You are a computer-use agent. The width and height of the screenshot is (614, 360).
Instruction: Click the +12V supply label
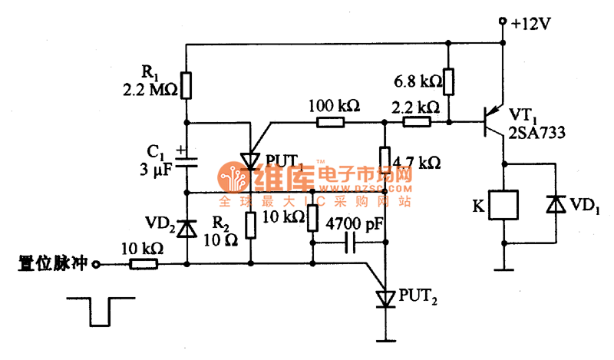pyautogui.click(x=531, y=22)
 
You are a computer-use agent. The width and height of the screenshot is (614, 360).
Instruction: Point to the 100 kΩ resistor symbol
pyautogui.click(x=332, y=121)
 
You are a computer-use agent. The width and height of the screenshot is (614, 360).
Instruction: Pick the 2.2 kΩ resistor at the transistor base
pyautogui.click(x=417, y=121)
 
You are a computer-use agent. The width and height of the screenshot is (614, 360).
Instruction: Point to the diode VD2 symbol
pyautogui.click(x=187, y=227)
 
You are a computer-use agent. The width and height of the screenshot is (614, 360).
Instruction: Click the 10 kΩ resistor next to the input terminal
pyautogui.click(x=144, y=264)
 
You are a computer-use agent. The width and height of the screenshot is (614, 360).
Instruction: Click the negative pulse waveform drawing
pyautogui.click(x=98, y=309)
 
